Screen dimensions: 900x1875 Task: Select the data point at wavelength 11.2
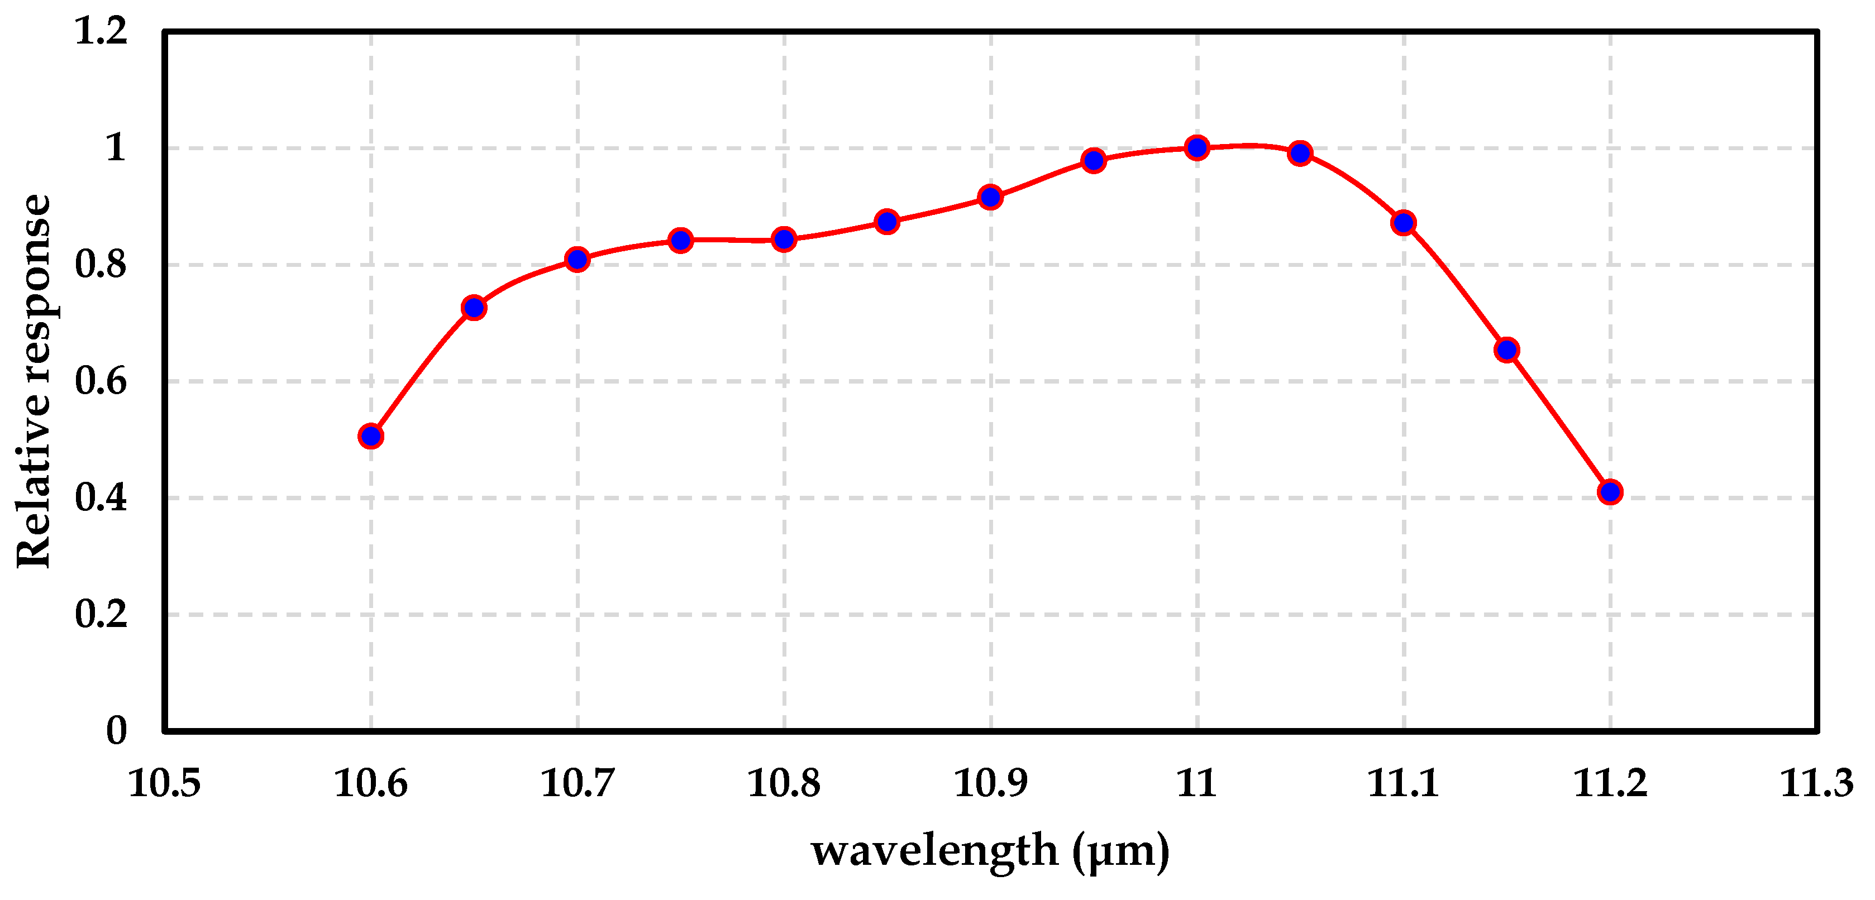pos(1610,492)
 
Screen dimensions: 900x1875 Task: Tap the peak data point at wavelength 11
pos(1196,148)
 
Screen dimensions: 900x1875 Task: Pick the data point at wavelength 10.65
pos(474,308)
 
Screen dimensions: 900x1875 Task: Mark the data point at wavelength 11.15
pos(1507,350)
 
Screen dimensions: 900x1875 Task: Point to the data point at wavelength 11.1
pos(1404,223)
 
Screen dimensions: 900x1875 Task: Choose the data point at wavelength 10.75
pos(680,240)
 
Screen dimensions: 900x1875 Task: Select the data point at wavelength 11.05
pos(1300,154)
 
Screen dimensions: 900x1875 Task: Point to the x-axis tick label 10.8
pos(784,783)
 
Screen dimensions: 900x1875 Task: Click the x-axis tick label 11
pos(1196,783)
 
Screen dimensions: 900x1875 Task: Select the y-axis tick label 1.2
pos(101,31)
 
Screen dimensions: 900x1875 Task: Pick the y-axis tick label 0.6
pos(101,381)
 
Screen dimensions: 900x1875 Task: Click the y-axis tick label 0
pos(117,730)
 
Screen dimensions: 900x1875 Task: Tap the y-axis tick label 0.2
pos(101,614)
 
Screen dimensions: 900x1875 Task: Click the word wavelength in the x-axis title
pos(934,850)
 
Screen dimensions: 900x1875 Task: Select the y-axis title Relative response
pos(34,381)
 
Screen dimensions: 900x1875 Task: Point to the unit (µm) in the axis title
pos(1121,850)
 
